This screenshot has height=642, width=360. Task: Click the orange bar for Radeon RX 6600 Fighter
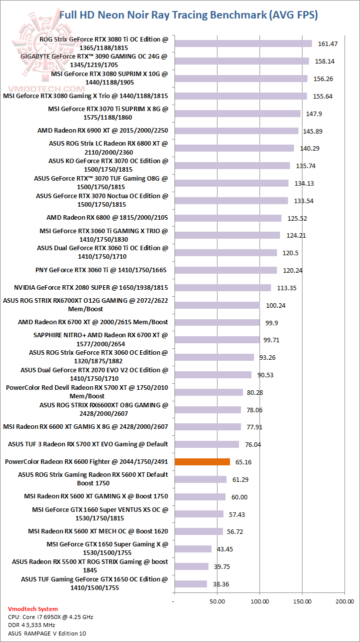click(202, 462)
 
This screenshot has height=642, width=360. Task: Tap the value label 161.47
click(328, 44)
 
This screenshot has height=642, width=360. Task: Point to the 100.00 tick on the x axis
click(259, 600)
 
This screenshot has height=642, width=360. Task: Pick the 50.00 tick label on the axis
click(217, 600)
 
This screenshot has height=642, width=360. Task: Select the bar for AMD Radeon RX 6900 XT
click(236, 131)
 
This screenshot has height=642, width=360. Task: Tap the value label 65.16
click(243, 462)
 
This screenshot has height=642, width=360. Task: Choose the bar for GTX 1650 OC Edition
click(190, 584)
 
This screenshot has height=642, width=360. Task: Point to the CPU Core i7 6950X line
click(50, 617)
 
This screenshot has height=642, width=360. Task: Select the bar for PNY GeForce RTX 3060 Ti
click(225, 270)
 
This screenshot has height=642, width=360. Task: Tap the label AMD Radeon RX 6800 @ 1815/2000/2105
click(107, 218)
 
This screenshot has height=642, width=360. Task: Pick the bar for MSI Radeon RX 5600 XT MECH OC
click(198, 531)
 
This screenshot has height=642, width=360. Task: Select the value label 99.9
click(272, 323)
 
